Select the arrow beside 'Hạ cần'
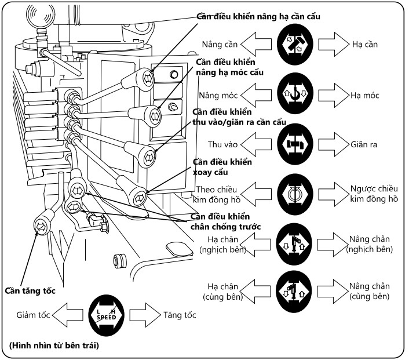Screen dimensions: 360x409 332,44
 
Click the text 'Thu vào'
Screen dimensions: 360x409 221,144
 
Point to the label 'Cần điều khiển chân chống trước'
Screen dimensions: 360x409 227,221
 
